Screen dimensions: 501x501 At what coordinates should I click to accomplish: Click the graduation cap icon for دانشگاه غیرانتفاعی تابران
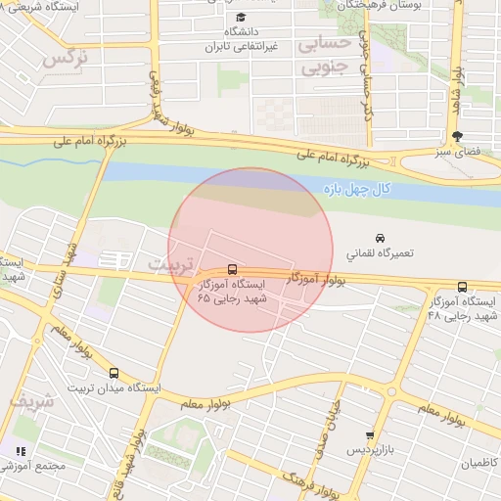tap(241, 17)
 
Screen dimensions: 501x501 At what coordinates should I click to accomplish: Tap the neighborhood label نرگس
tap(66, 56)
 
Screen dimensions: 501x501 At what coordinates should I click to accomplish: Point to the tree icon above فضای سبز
tap(457, 136)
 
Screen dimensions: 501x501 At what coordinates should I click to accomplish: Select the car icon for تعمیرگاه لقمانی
tap(379, 237)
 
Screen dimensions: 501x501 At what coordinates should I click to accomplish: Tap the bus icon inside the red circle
tap(232, 268)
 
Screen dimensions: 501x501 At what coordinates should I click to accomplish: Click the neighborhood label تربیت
tap(171, 264)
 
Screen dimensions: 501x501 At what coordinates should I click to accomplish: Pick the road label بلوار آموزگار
tap(317, 280)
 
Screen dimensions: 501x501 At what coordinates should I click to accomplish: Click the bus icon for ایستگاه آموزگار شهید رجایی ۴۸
tap(462, 287)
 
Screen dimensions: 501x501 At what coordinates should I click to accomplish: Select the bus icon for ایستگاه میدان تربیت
tap(114, 373)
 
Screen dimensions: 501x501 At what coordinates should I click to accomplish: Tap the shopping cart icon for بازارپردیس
tap(369, 435)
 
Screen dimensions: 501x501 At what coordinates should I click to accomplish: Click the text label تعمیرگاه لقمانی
tap(379, 253)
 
